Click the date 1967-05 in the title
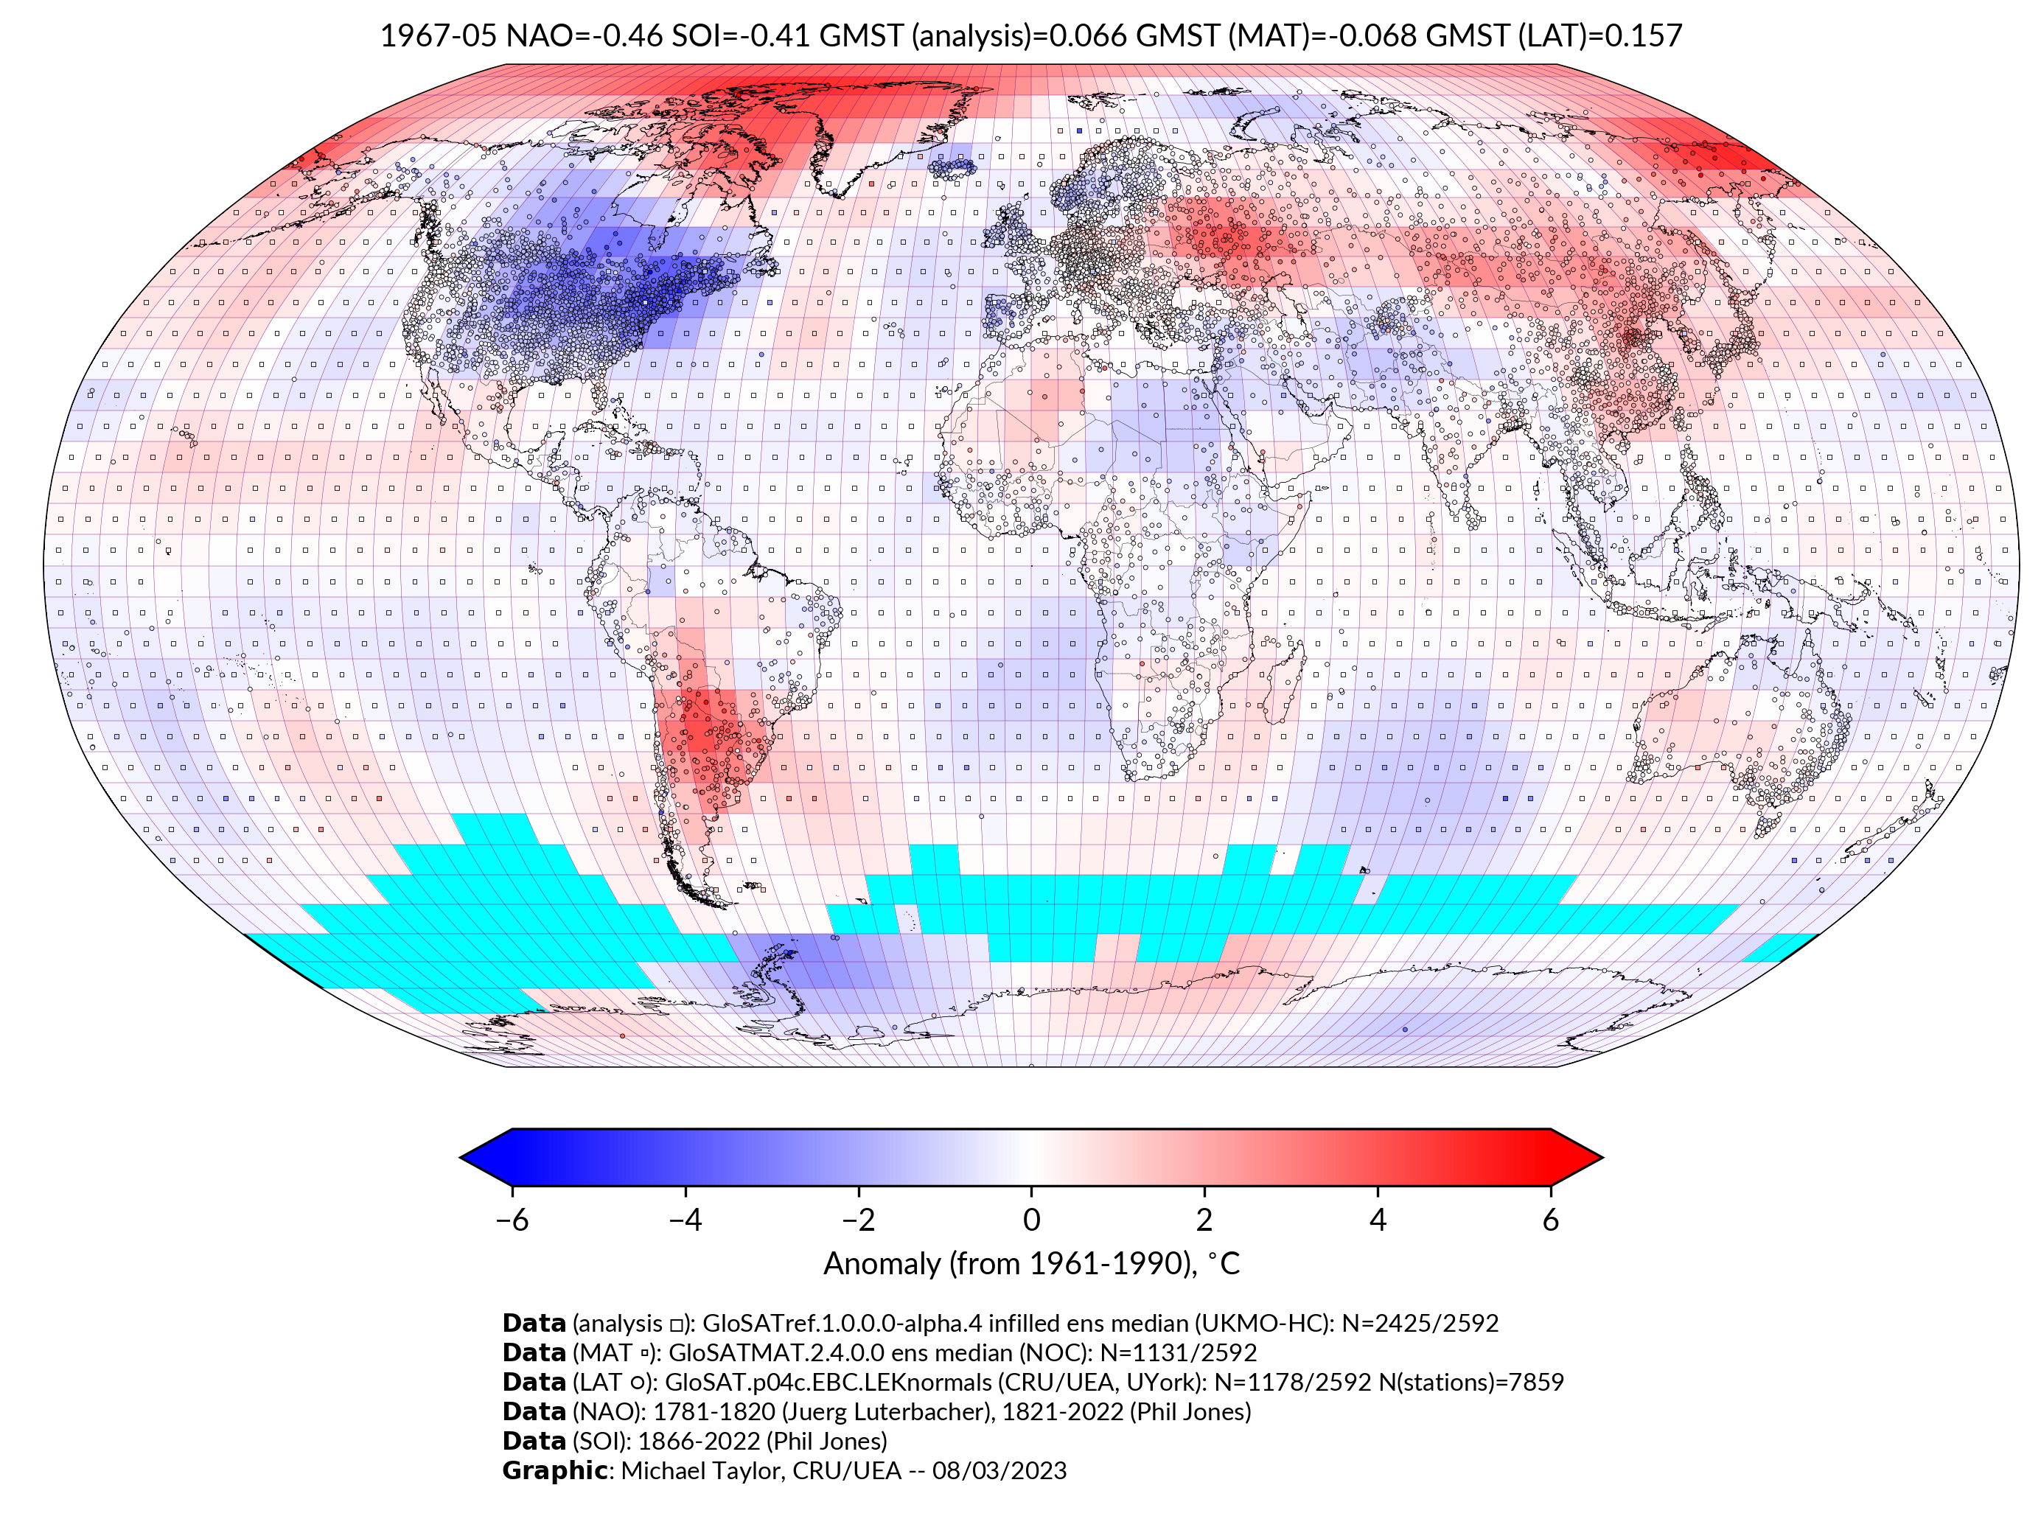tap(439, 36)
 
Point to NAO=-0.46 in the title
tap(584, 36)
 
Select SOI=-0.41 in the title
tap(741, 36)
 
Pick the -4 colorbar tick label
tap(685, 1220)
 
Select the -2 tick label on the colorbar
tap(858, 1220)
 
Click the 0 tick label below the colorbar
tap(1031, 1220)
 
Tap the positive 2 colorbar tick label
tap(1204, 1220)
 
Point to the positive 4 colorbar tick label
tap(1378, 1220)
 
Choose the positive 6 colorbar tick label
tap(1551, 1220)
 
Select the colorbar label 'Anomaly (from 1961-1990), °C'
tap(1031, 1264)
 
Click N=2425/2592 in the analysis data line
tap(1420, 1324)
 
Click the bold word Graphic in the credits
tap(554, 1471)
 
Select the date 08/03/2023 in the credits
tap(999, 1471)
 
